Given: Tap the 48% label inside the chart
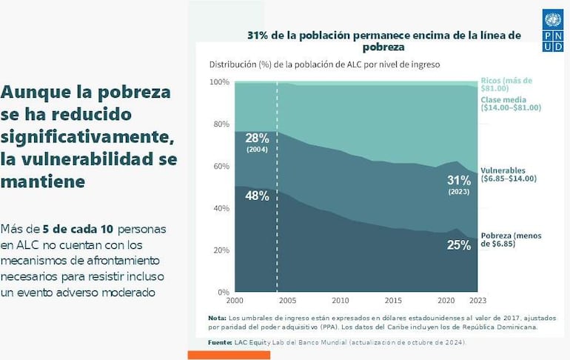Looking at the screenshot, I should click(x=257, y=196).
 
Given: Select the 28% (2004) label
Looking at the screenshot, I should click(x=257, y=141).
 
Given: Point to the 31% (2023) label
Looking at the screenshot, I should click(x=459, y=184).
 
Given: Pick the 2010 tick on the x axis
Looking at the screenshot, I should click(x=340, y=301).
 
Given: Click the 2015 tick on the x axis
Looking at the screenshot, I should click(x=393, y=301).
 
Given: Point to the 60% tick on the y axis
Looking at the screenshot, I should click(x=221, y=166).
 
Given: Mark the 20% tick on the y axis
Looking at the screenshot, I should click(x=221, y=250).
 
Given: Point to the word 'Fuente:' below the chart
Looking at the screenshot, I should click(x=221, y=342).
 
